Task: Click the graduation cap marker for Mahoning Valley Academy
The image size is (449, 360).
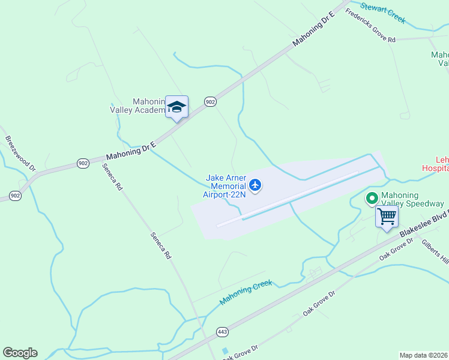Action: click(176, 107)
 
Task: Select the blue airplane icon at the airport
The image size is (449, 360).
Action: click(256, 185)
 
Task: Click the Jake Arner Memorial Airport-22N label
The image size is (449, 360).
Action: click(226, 186)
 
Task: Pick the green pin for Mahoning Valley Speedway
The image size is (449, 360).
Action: click(372, 197)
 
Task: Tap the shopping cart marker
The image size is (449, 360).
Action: click(387, 217)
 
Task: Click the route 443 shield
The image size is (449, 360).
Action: click(222, 332)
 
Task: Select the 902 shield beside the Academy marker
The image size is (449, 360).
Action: click(209, 102)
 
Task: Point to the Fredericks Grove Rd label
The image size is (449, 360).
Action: click(370, 25)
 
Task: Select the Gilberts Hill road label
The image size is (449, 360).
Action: click(435, 251)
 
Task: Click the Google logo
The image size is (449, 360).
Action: click(20, 353)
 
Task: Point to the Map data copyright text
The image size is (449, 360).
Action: click(424, 355)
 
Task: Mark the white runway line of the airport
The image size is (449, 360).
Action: click(288, 199)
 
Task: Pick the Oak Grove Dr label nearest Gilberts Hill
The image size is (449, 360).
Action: click(396, 249)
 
